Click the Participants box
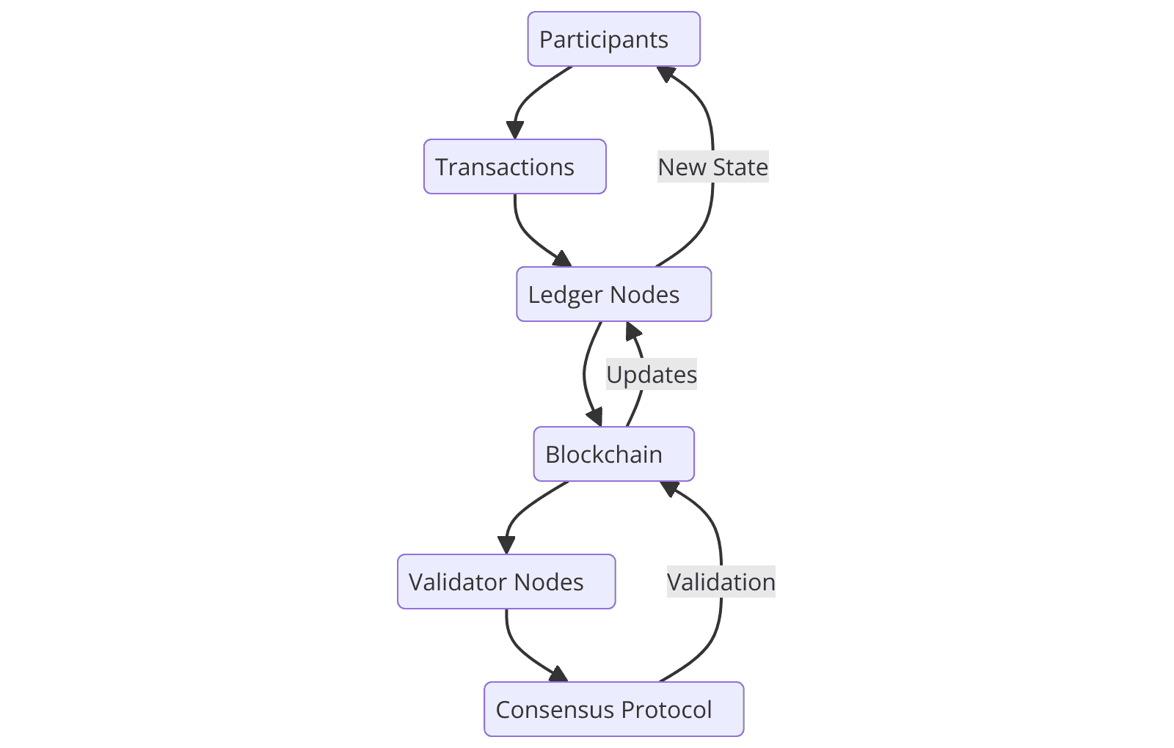tap(613, 39)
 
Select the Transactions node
tap(514, 166)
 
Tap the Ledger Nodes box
tap(613, 294)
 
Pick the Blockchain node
tap(613, 454)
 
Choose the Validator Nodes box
tap(506, 582)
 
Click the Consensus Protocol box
tap(613, 709)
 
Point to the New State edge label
tap(712, 167)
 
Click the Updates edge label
tap(652, 375)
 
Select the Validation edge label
tap(721, 582)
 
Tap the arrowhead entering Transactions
tap(515, 131)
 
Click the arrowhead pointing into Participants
tap(666, 73)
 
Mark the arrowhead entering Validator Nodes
tap(506, 546)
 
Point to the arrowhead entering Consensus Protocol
tap(560, 675)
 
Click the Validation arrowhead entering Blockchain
tap(669, 488)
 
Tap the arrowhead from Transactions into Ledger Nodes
tap(563, 259)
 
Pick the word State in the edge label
tap(740, 167)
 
